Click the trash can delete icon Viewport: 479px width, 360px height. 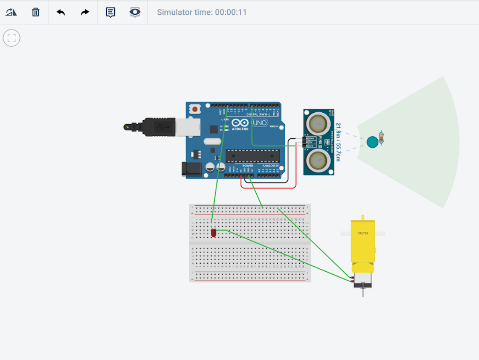coord(36,12)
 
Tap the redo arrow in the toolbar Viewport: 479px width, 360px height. coord(85,12)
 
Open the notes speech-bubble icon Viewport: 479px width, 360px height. coord(110,12)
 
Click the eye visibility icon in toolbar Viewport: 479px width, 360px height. coord(135,12)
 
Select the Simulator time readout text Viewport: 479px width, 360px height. coord(202,12)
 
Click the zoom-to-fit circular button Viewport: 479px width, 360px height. coord(12,38)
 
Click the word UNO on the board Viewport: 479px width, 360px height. coord(260,123)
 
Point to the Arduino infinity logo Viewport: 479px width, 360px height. coord(240,123)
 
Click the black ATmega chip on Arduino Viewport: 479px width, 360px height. coord(252,156)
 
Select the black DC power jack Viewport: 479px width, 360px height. coord(189,169)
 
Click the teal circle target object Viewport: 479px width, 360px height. coord(372,142)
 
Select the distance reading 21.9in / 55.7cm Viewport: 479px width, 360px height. coord(338,142)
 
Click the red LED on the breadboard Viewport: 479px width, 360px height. coord(213,233)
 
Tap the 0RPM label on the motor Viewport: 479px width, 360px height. coord(363,233)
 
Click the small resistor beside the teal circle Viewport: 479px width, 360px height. coord(381,138)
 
